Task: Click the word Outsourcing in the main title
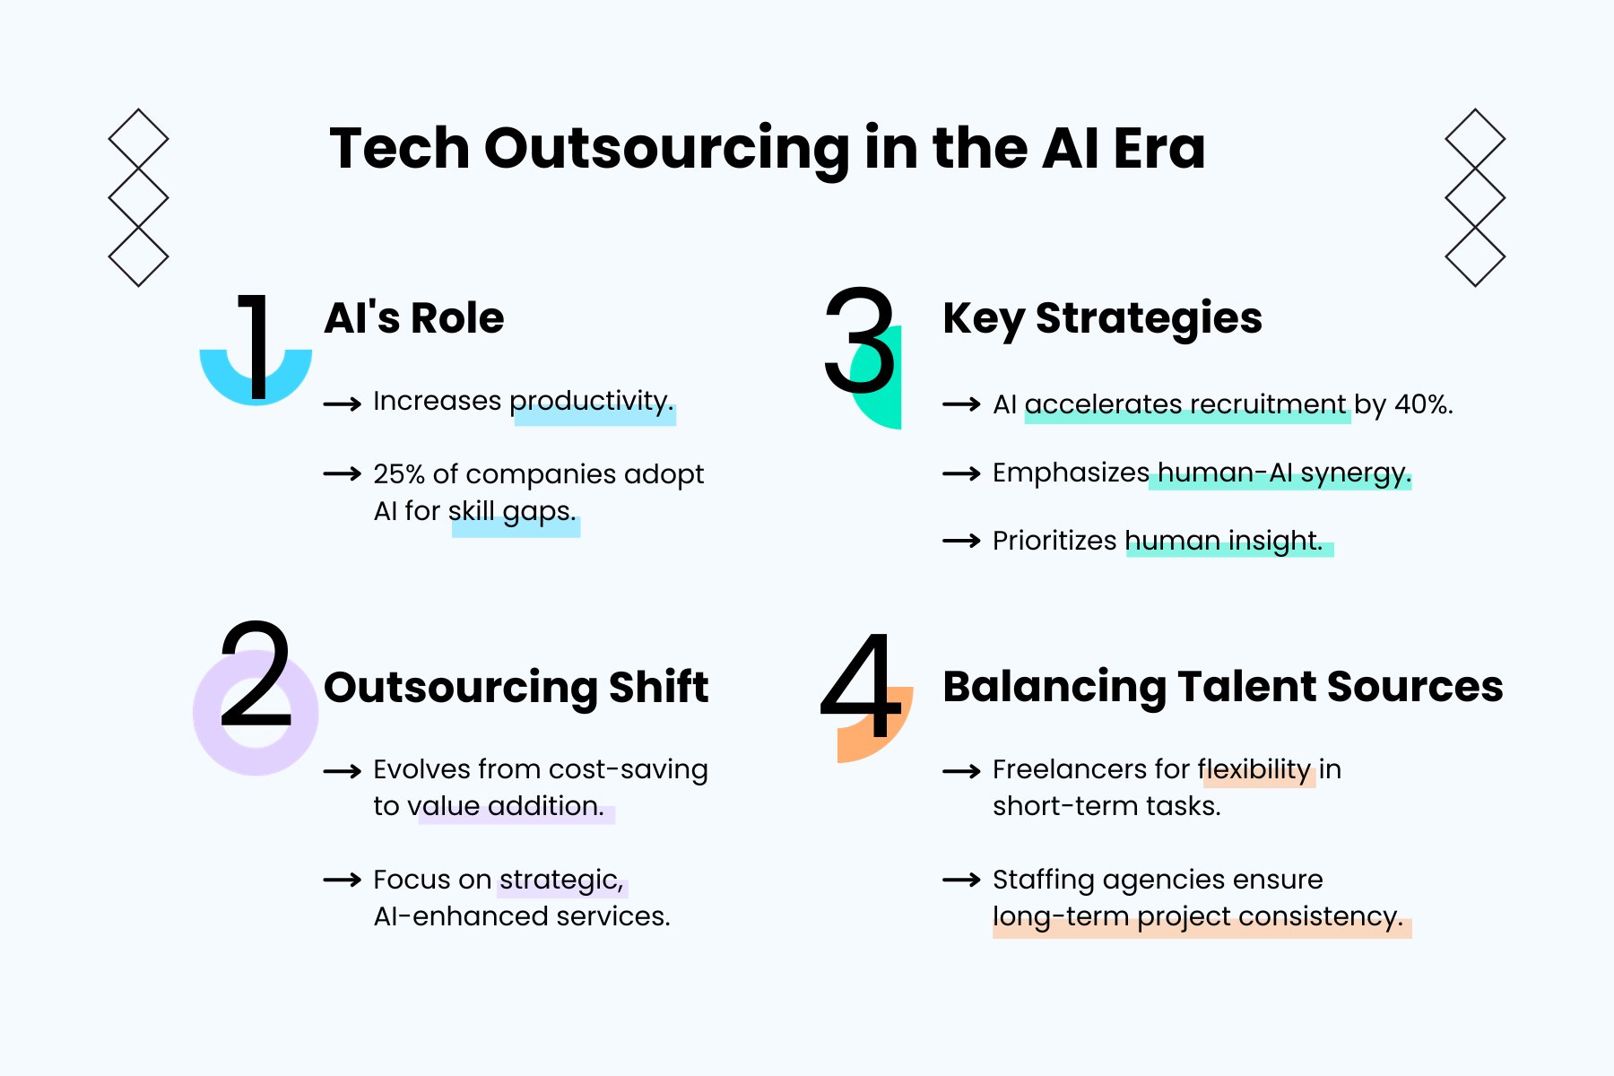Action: [666, 148]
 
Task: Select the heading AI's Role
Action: [413, 318]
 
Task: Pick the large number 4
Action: [861, 686]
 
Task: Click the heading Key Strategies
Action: [1102, 318]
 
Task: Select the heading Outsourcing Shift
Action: [516, 688]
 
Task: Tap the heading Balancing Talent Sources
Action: [1222, 687]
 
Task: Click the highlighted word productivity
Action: [592, 402]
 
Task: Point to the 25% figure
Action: [399, 474]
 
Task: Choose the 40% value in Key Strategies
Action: [1423, 405]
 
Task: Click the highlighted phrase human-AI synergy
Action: [1283, 473]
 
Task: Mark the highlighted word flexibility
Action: [1255, 770]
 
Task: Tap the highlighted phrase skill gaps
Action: [513, 512]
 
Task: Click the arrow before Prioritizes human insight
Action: [961, 542]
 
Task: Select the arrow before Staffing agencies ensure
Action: [961, 881]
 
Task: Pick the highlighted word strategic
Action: [561, 881]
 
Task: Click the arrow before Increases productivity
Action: [342, 404]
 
